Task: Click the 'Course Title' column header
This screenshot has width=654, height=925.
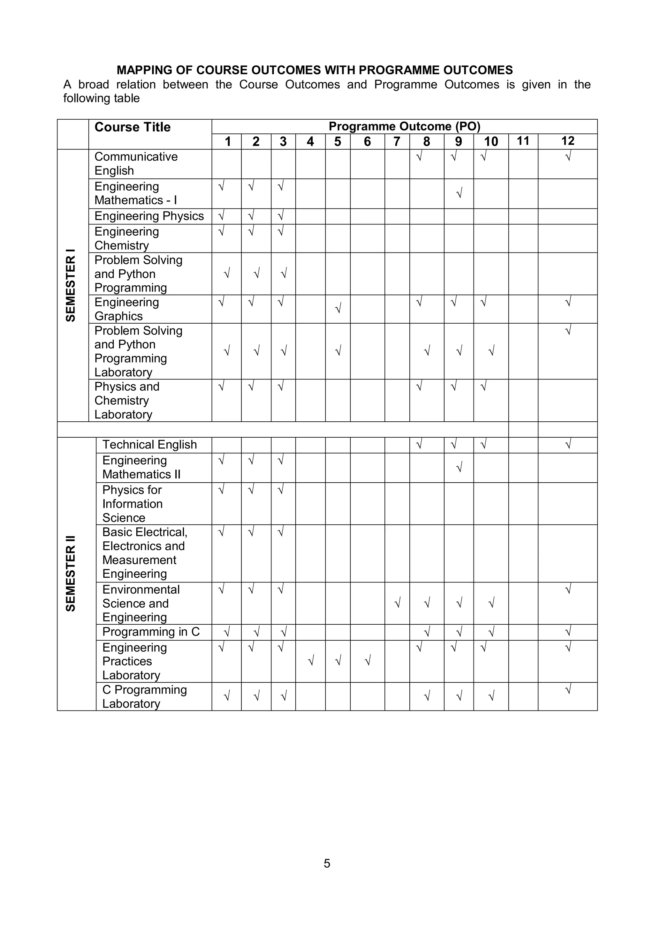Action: [132, 127]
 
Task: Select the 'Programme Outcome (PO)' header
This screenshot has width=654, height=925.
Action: [404, 126]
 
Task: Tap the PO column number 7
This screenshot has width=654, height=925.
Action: [397, 141]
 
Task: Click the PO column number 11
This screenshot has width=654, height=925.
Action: [523, 141]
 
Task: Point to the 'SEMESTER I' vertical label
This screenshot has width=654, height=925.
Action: [71, 285]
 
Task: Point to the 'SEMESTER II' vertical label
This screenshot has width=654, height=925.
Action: [71, 574]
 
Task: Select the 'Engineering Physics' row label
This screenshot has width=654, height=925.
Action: [149, 216]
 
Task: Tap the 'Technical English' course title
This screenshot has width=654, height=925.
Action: [149, 445]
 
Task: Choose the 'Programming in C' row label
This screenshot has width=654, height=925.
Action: [151, 632]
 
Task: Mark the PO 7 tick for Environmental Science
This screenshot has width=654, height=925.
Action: [397, 603]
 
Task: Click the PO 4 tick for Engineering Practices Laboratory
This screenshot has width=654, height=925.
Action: [310, 661]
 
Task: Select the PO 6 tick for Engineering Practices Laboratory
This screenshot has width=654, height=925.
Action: [367, 661]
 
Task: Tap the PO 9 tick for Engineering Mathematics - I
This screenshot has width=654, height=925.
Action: [459, 193]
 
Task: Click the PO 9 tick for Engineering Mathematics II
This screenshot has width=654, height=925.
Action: [459, 468]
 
